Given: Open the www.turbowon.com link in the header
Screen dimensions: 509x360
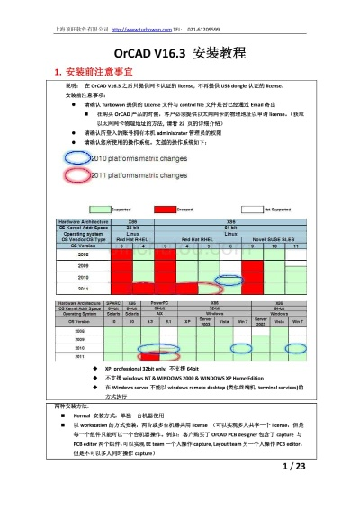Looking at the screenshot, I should [x=141, y=15].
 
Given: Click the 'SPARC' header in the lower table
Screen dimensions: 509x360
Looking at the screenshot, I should [x=113, y=303].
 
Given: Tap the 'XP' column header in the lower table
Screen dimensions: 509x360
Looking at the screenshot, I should [x=187, y=320].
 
